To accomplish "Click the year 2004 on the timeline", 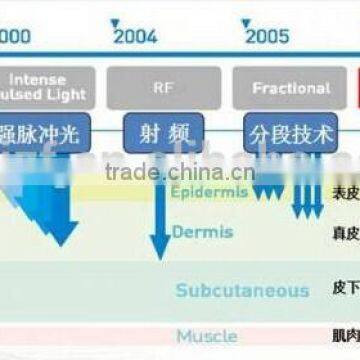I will tap(136, 37).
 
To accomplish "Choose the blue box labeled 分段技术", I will tap(291, 132).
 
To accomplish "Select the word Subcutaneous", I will tap(242, 291).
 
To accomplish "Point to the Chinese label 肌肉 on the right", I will tap(344, 335).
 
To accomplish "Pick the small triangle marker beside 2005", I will tap(245, 22).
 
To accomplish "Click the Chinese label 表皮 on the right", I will tap(344, 193).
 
